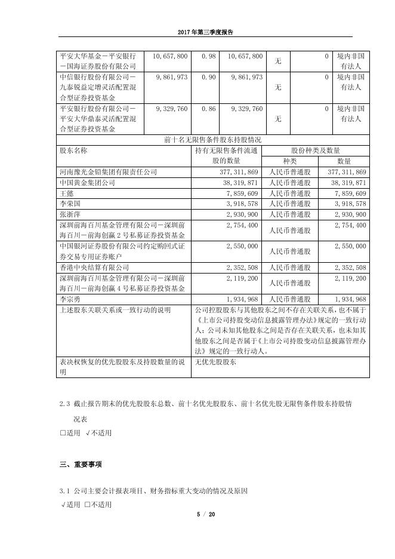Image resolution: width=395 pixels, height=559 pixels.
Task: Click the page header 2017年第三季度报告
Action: [197, 33]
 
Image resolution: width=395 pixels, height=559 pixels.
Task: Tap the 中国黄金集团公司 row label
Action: [87, 183]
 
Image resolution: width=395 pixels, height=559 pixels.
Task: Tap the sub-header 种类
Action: [289, 161]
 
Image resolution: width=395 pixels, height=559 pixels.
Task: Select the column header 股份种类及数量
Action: [315, 151]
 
